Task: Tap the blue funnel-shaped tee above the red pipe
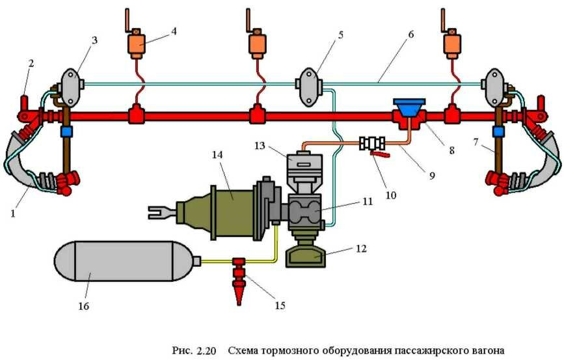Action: click(x=409, y=106)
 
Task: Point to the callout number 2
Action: click(x=29, y=63)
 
